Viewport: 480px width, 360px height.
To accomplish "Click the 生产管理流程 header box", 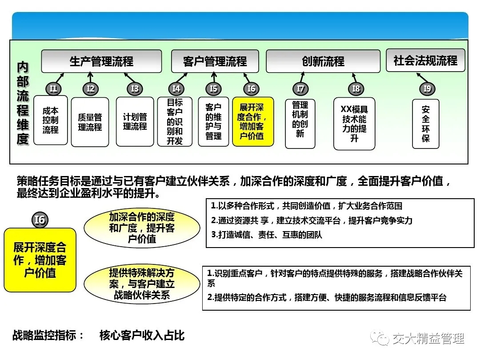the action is pos(101,61).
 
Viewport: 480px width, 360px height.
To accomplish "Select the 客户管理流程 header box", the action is pos(215,61).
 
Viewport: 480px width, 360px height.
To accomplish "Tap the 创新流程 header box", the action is pos(323,61).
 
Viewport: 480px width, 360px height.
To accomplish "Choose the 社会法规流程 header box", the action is pos(425,60).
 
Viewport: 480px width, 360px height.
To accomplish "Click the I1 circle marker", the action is pos(54,89).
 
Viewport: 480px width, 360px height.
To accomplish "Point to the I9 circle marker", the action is pos(427,89).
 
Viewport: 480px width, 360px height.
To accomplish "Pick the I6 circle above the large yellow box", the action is pos(40,220).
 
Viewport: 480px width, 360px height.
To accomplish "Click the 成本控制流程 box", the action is pos(51,120).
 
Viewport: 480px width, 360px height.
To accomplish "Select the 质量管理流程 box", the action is pos(90,122).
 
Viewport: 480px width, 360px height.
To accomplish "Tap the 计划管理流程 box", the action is pos(135,121).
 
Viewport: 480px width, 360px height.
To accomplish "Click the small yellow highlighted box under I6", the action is pos(253,121).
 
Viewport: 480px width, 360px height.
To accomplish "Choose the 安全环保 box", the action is pos(426,124).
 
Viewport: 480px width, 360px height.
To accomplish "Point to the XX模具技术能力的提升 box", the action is pos(354,124).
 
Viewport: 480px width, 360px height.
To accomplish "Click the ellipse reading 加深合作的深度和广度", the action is pos(142,228).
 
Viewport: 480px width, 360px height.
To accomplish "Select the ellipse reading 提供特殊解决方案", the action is pos(142,284).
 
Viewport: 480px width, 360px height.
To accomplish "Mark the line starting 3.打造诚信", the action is pos(267,235).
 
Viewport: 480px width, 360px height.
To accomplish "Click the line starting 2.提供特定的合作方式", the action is pos(327,297).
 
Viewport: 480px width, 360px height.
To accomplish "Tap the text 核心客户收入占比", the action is pos(142,336).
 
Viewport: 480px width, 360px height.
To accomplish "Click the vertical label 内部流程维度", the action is pos(23,103).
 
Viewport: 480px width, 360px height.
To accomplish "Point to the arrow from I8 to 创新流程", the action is pos(355,78).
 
